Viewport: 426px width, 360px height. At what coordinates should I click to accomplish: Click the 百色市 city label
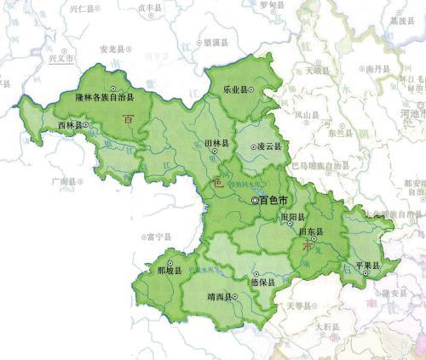click(275, 200)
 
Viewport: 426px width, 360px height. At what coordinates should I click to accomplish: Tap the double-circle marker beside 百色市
click(255, 200)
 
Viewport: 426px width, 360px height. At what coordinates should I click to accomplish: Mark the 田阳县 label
click(290, 217)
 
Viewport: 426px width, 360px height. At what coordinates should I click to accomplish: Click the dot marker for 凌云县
click(252, 146)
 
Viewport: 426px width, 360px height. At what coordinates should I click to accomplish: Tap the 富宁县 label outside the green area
click(159, 237)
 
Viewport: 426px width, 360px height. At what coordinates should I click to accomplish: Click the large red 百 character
click(128, 120)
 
